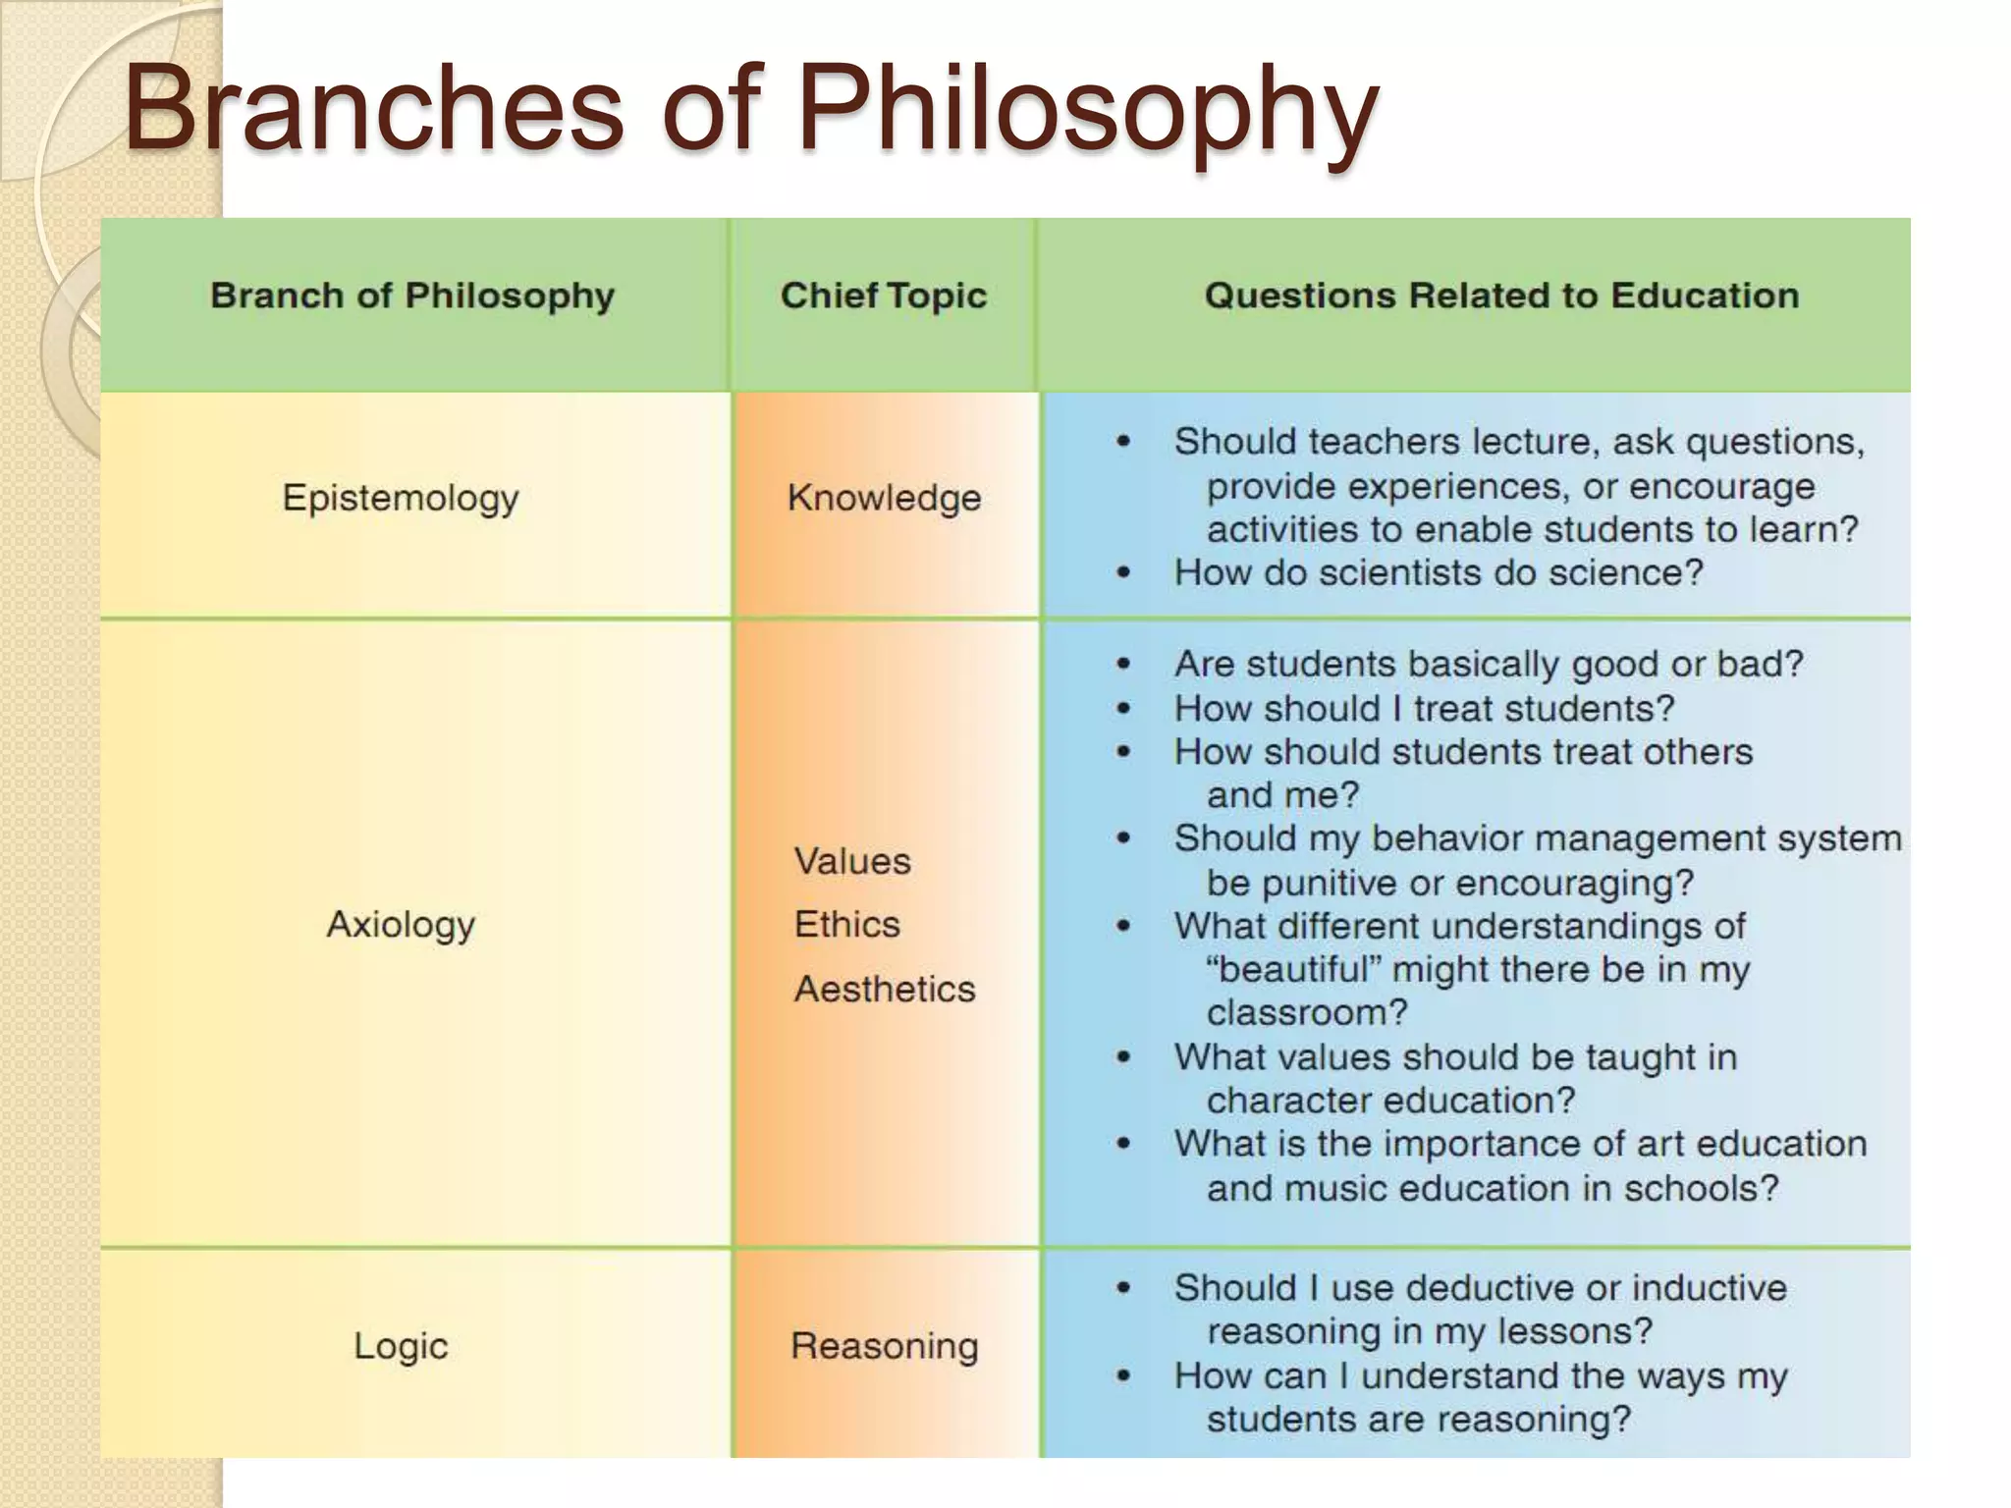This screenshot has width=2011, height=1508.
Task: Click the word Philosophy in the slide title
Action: coord(1088,110)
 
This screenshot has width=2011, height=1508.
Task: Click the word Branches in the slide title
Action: coord(374,110)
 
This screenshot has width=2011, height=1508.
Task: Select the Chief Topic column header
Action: coord(883,296)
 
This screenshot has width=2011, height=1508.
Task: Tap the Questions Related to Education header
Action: coord(1501,296)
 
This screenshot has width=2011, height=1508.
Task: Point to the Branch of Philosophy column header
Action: coord(412,296)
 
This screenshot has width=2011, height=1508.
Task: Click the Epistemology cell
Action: coord(401,498)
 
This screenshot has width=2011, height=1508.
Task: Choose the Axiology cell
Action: coord(401,924)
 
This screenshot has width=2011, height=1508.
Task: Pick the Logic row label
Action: coord(401,1345)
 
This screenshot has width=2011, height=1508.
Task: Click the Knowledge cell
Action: coord(884,498)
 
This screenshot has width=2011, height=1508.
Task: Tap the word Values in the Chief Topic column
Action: coord(852,861)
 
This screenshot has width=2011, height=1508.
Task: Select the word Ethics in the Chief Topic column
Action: coord(846,924)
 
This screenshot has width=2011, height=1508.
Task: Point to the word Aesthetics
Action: coord(885,989)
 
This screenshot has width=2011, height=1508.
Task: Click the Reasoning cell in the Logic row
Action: coord(884,1345)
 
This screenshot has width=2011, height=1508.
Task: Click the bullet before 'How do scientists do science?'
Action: coord(1123,572)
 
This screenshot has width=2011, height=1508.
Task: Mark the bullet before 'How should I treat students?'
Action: coord(1123,708)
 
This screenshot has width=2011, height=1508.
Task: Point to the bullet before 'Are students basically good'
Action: coord(1123,665)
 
